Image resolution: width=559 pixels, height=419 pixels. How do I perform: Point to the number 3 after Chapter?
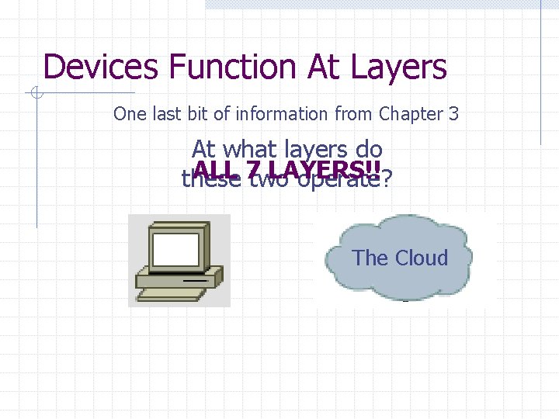[x=453, y=114]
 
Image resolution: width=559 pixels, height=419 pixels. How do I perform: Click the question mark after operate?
[x=387, y=180]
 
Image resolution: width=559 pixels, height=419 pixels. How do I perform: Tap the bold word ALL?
[x=217, y=170]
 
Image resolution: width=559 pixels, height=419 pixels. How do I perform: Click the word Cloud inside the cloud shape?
[x=422, y=258]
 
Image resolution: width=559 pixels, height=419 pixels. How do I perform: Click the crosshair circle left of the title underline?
[x=36, y=94]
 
